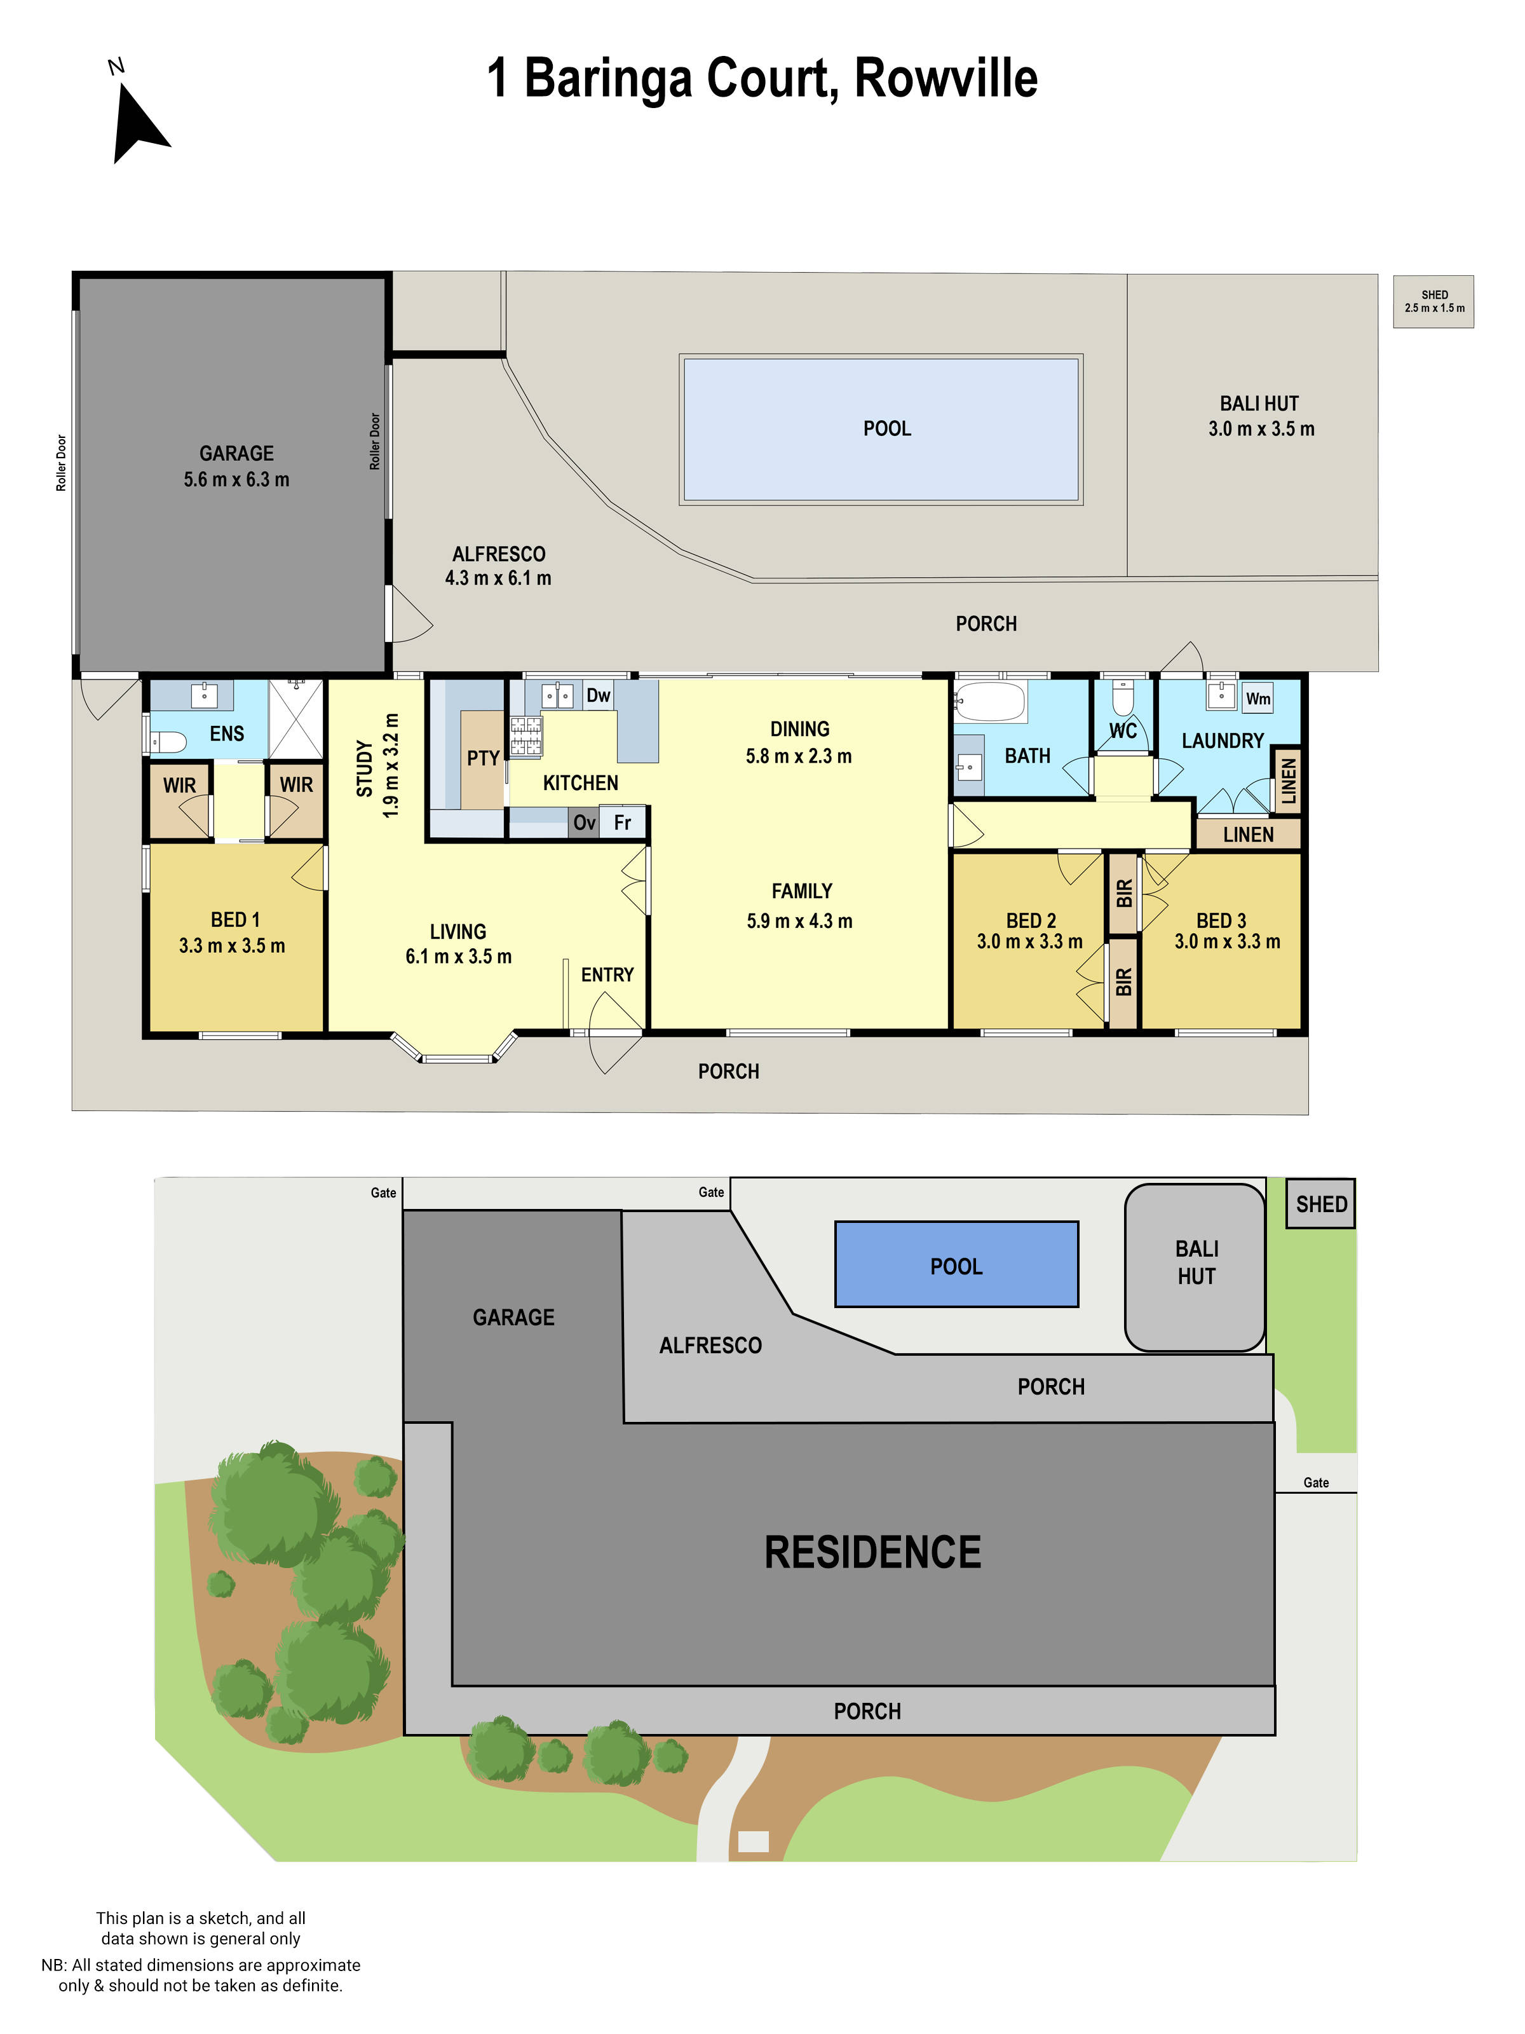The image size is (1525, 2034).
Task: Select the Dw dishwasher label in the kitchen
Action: point(597,695)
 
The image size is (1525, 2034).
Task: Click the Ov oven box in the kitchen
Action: point(584,822)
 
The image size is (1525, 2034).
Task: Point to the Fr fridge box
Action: point(622,822)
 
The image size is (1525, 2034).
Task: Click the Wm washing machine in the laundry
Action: point(1257,698)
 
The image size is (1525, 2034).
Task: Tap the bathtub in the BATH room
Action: point(989,702)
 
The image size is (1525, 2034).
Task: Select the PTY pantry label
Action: point(482,758)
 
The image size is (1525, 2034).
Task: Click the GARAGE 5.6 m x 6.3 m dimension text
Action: point(236,479)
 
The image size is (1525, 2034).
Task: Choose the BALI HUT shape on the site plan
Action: point(1195,1267)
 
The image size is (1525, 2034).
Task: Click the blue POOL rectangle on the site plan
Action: point(956,1264)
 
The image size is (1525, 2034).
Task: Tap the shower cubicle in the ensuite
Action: point(296,719)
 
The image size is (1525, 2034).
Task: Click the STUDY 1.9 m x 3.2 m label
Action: point(377,765)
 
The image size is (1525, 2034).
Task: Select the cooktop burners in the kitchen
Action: point(525,735)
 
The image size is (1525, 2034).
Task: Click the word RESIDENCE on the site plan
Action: point(872,1553)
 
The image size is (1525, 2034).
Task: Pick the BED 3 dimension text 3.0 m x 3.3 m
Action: point(1226,941)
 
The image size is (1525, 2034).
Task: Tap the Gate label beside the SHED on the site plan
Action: point(1315,1482)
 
